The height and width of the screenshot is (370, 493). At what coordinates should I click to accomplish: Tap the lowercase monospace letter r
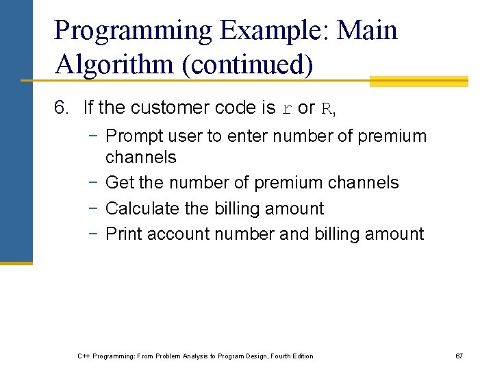[288, 109]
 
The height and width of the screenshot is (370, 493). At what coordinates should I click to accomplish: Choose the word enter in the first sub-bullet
[251, 136]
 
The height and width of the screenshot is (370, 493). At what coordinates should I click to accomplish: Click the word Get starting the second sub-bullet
[120, 183]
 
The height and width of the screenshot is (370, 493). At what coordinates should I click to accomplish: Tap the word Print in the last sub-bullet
[124, 234]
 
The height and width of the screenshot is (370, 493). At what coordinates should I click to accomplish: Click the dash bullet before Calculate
[93, 208]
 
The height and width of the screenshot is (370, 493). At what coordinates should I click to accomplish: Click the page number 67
[459, 356]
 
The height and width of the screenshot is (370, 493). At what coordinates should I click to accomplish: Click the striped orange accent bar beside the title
[418, 82]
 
